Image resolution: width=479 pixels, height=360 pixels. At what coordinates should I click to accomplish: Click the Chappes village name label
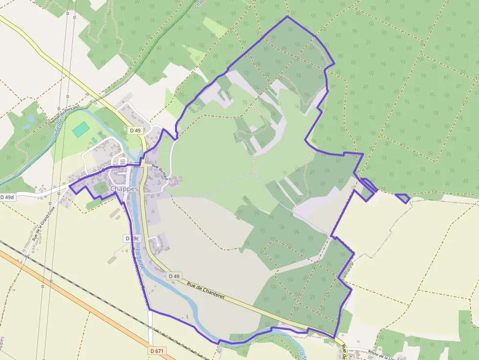pos(124,189)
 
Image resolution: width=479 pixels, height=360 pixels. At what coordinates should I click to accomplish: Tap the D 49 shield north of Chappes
pos(135,130)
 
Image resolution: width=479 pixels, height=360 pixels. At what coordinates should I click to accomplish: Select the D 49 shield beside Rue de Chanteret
pos(174,276)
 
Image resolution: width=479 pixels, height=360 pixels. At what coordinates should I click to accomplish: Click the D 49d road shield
pos(8,197)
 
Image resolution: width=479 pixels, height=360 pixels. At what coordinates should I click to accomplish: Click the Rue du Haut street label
pos(160,172)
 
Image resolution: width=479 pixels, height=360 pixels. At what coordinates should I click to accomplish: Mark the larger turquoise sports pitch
pos(81,129)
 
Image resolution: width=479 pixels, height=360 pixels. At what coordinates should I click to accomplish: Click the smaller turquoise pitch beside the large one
pos(94,140)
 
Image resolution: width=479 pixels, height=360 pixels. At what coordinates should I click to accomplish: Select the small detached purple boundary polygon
pos(403,198)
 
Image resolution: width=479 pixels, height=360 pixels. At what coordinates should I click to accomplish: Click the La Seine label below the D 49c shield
pos(140,259)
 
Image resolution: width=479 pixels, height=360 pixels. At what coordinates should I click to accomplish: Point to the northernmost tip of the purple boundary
pos(287,17)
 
